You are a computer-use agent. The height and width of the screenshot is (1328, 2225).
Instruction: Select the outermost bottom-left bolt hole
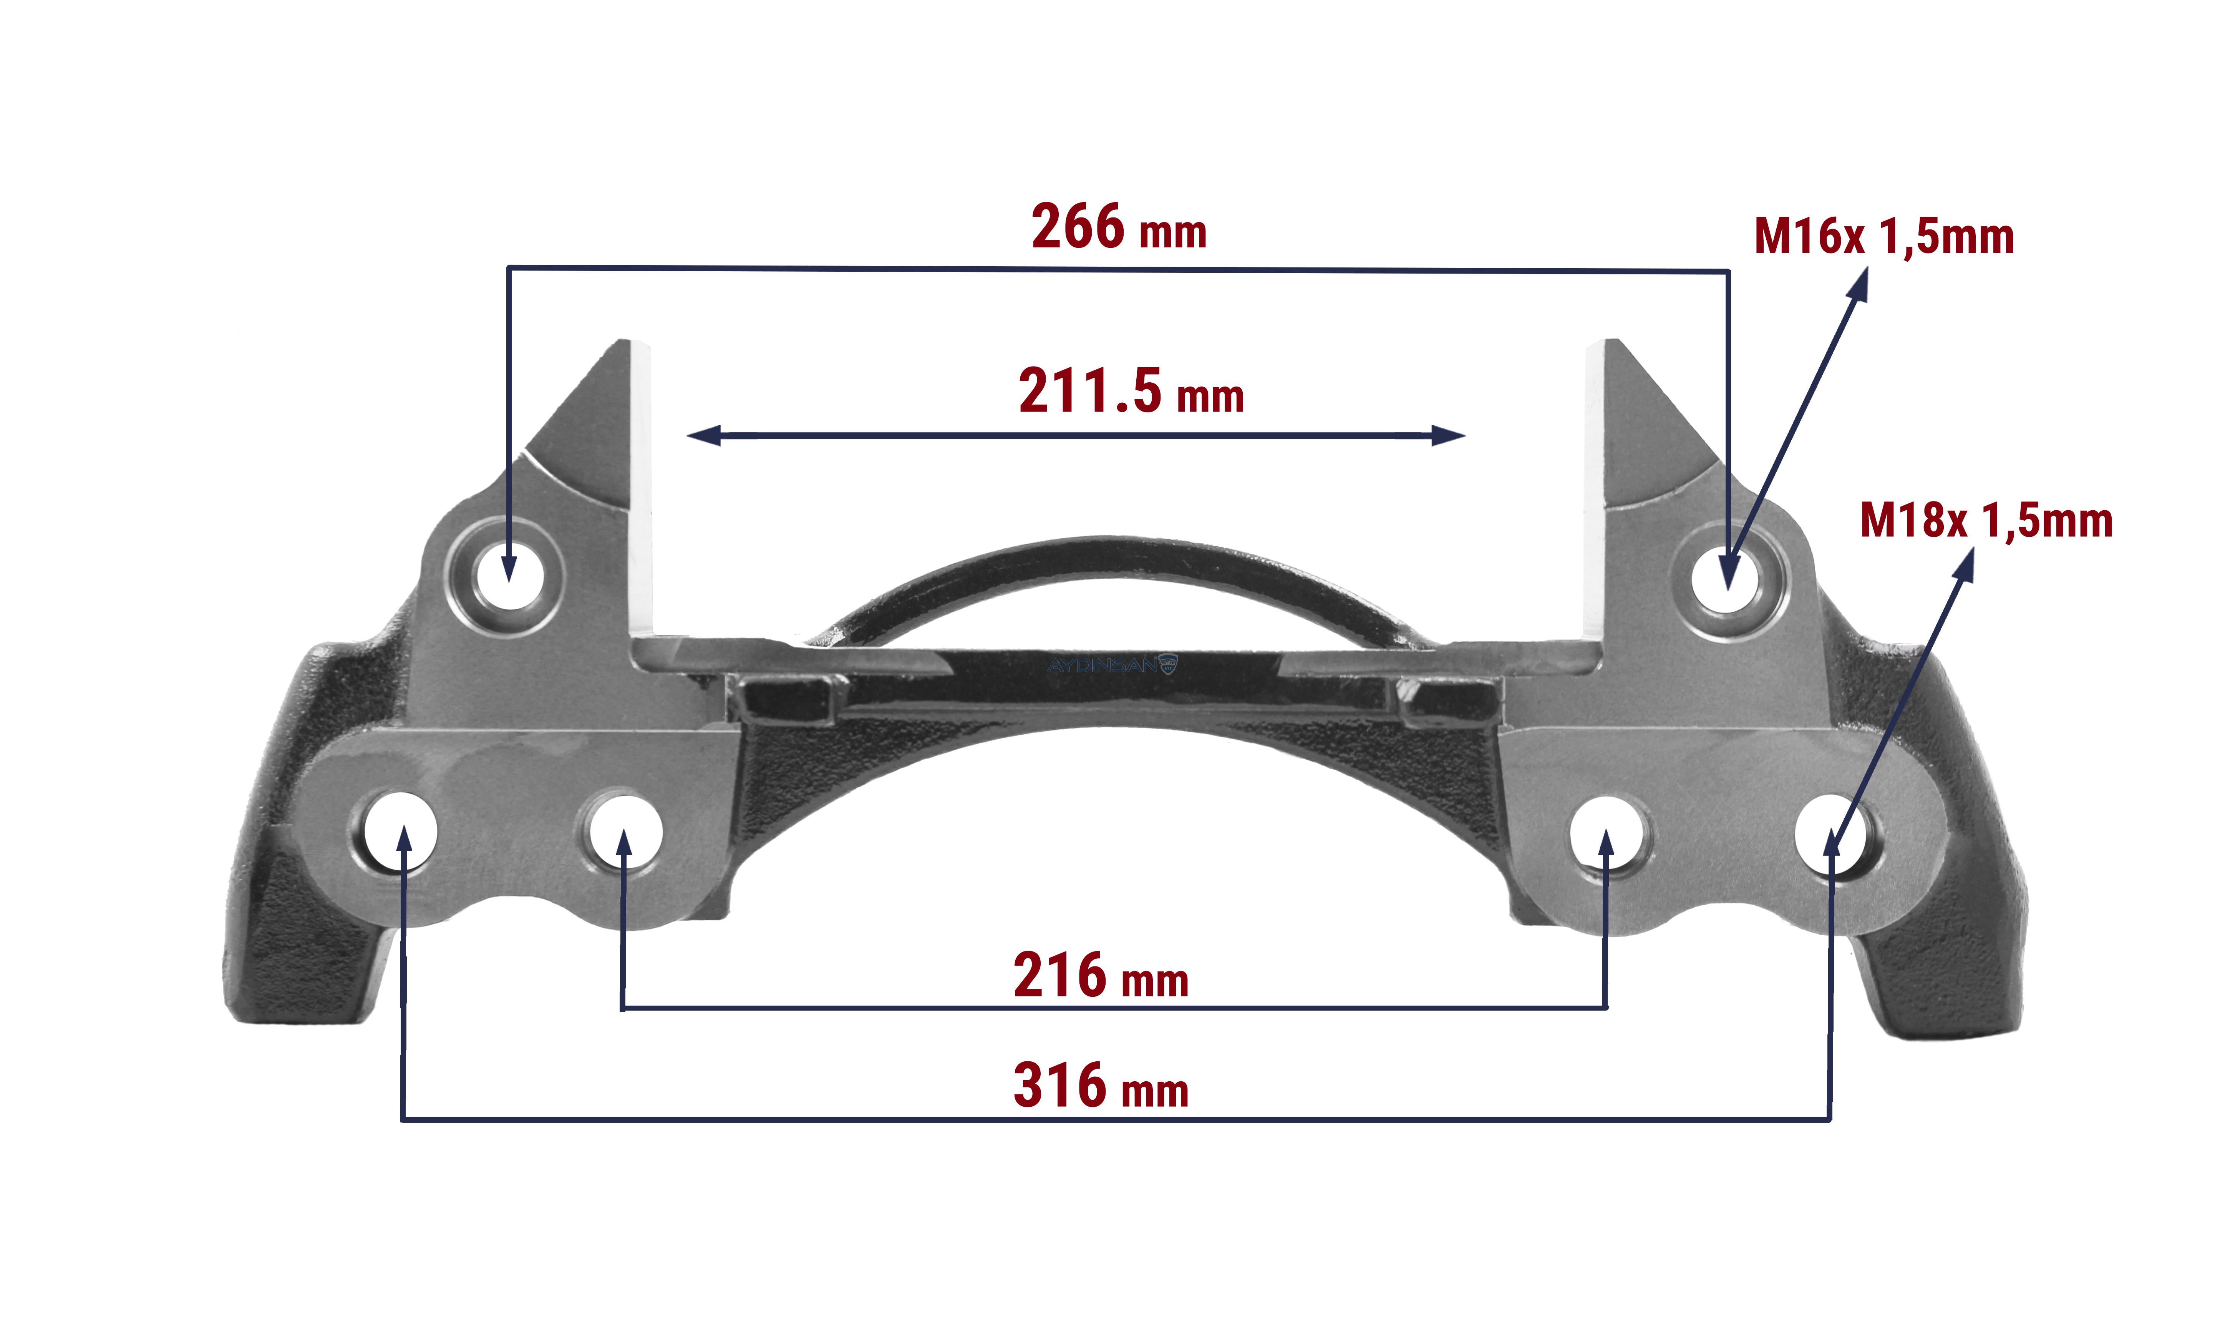[x=401, y=832]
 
